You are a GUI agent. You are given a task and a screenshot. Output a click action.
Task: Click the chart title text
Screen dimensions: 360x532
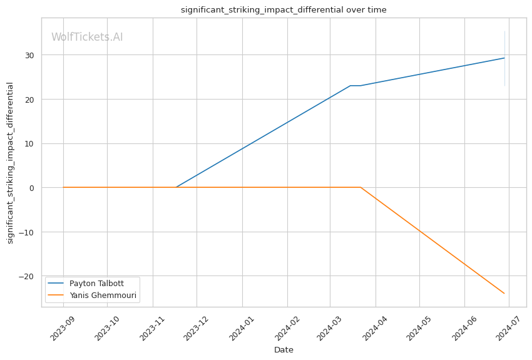284,10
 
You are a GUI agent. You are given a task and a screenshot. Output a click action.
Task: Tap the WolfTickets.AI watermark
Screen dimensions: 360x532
87,37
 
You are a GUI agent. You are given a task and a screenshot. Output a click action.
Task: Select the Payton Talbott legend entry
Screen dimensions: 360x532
96,284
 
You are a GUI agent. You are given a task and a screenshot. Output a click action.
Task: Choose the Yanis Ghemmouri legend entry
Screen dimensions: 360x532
103,296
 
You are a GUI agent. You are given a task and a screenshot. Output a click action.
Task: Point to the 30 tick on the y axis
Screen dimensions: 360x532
30,55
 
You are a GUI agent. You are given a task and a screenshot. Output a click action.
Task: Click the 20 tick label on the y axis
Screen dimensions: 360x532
30,100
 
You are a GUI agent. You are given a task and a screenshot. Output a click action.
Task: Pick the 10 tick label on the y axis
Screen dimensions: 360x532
30,143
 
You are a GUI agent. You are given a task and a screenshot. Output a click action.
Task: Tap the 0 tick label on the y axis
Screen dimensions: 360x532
33,188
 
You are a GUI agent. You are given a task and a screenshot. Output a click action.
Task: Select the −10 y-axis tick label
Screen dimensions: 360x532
28,232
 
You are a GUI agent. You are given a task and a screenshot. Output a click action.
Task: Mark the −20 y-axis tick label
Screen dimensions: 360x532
28,277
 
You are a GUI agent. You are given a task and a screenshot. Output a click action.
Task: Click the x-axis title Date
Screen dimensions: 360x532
284,350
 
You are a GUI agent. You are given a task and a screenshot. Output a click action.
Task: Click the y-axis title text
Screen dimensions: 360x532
11,163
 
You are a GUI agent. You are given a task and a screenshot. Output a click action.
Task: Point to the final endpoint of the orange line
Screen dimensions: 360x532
504,294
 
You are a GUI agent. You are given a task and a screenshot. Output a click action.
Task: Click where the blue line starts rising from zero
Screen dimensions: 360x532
176,187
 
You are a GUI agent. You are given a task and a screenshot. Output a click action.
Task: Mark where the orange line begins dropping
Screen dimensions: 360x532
361,187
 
